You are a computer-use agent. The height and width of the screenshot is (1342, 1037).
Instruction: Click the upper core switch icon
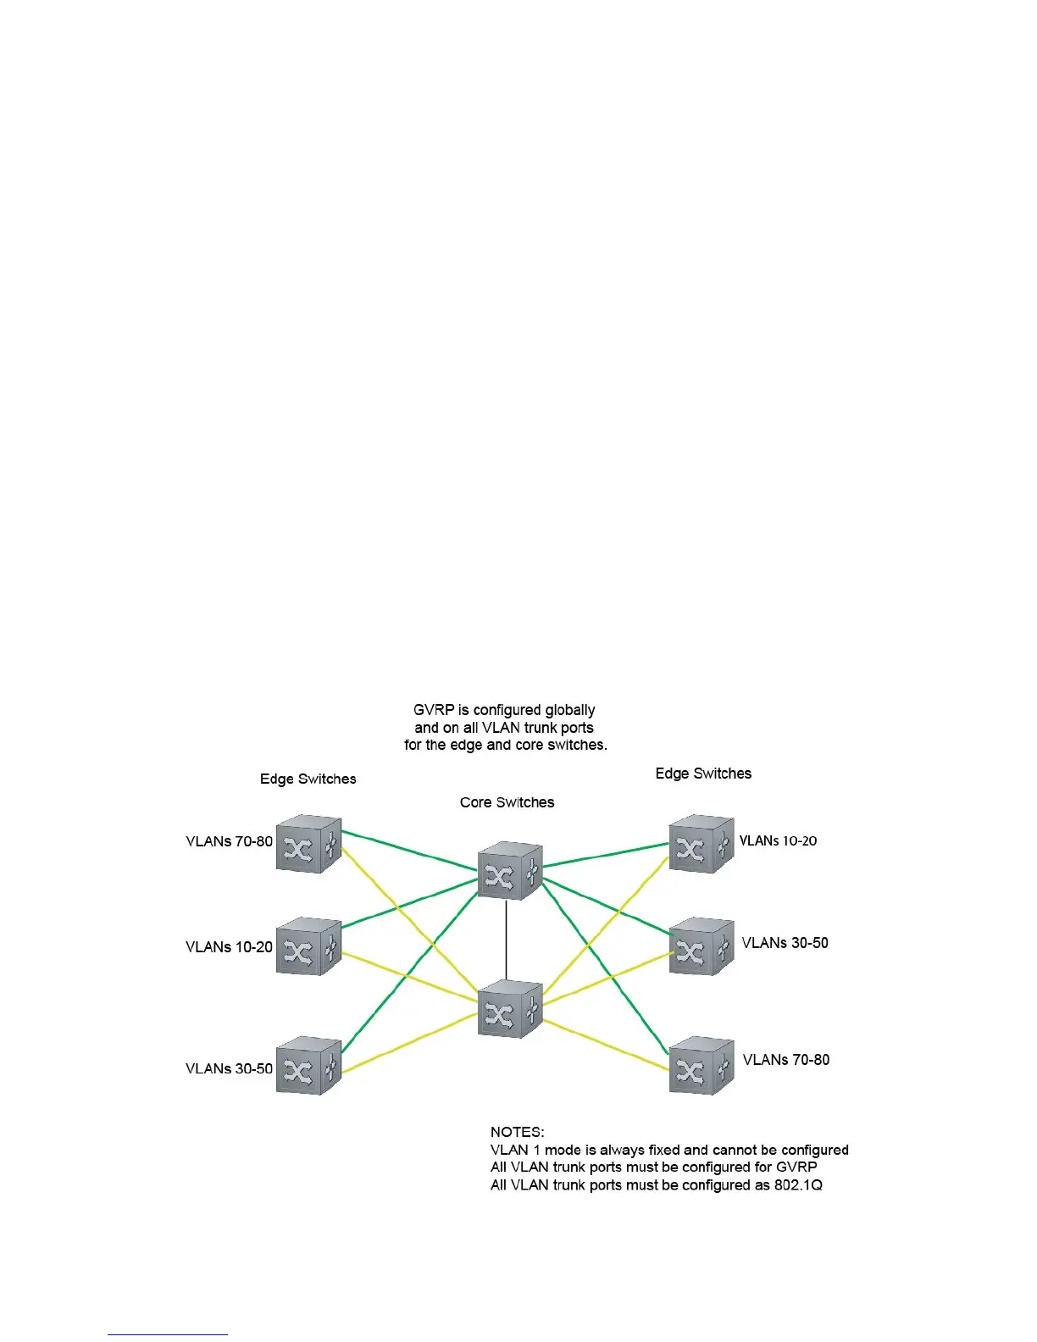509,870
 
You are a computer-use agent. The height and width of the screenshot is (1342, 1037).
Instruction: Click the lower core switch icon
509,1008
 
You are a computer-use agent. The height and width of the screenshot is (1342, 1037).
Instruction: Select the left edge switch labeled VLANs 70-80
308,844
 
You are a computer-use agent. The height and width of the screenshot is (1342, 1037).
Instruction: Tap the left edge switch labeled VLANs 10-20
308,946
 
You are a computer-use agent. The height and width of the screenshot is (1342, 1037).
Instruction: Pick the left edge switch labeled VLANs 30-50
308,1066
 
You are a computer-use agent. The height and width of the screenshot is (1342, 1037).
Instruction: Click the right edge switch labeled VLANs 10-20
701,844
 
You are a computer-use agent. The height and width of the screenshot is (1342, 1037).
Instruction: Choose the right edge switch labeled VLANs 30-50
701,946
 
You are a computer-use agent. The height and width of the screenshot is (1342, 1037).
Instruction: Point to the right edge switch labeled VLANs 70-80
701,1066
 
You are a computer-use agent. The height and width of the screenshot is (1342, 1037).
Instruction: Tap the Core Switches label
507,802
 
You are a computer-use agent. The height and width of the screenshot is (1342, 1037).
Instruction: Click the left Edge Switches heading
308,779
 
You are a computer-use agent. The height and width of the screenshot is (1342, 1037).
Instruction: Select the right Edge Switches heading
703,773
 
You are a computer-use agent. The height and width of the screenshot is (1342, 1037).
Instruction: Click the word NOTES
517,1132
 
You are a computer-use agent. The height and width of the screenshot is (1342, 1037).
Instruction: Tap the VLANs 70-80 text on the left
229,841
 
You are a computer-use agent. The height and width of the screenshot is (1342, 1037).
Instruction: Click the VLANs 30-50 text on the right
785,942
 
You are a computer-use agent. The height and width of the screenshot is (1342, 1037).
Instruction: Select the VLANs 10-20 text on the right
778,840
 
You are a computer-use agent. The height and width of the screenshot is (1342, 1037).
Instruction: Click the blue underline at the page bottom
168,1334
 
